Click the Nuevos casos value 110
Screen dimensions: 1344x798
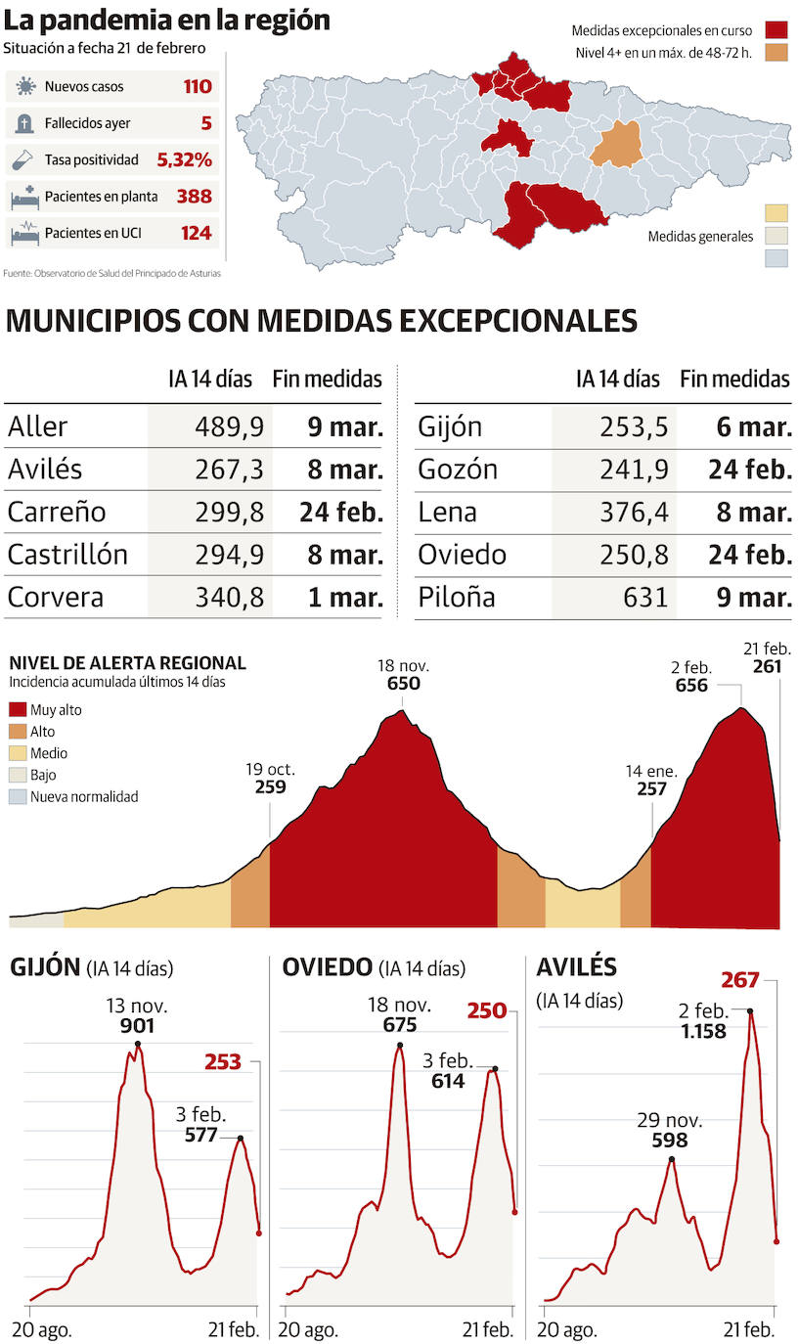click(197, 87)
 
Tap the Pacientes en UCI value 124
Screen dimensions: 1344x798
click(196, 234)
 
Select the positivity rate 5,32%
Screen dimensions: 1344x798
click(184, 160)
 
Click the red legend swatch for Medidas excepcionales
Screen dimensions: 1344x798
click(776, 30)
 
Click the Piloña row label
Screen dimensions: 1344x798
click(456, 597)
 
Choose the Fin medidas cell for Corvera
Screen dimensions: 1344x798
click(344, 597)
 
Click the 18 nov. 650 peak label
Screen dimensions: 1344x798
click(403, 675)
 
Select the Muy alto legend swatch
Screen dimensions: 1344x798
click(18, 710)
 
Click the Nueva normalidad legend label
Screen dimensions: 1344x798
click(84, 796)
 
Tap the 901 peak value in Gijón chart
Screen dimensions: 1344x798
click(137, 1026)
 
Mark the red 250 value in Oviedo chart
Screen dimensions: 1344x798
click(487, 1010)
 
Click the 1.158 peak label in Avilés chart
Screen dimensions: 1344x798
click(703, 1030)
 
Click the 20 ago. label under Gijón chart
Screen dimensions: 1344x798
click(42, 1329)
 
